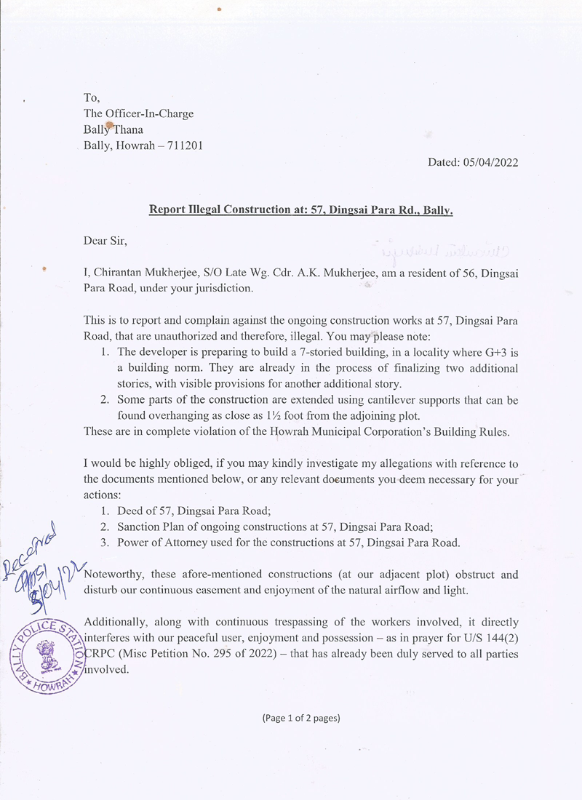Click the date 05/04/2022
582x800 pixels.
[x=490, y=163]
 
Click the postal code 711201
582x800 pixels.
[x=185, y=145]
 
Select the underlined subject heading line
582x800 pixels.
[x=301, y=210]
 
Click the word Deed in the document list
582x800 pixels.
[x=131, y=511]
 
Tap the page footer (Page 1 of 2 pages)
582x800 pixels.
[x=301, y=718]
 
